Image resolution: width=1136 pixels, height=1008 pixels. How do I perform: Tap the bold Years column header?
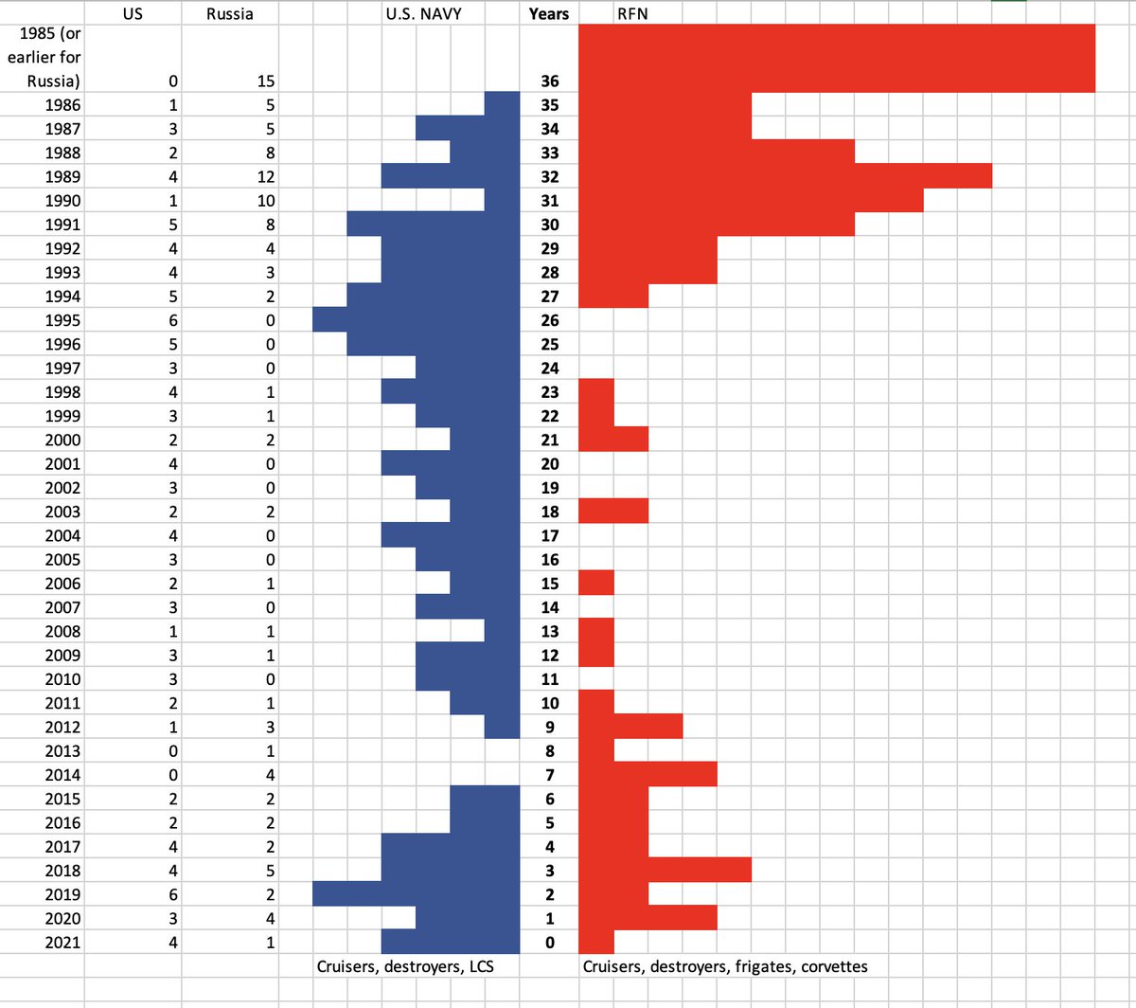(x=549, y=13)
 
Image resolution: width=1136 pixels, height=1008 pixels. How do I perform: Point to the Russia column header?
(x=229, y=13)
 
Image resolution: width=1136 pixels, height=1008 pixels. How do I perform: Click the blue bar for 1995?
(x=417, y=319)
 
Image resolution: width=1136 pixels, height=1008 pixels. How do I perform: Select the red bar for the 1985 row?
(x=836, y=58)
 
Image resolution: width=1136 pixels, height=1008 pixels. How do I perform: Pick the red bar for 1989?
(x=785, y=176)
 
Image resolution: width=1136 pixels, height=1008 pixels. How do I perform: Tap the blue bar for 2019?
(x=417, y=894)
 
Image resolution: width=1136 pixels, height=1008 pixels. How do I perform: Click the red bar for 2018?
(x=665, y=871)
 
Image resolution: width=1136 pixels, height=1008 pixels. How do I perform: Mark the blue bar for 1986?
(x=502, y=104)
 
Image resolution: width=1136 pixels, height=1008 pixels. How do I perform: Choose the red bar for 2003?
(x=613, y=512)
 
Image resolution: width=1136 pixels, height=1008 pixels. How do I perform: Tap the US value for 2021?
(x=172, y=943)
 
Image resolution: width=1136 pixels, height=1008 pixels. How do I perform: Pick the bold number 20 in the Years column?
(x=549, y=464)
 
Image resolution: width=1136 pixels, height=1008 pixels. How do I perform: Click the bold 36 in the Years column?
(x=549, y=81)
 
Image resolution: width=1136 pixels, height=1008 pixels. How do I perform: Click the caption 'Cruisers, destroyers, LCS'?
(x=405, y=966)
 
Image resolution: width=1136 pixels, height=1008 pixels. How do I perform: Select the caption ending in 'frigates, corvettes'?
(x=724, y=966)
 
